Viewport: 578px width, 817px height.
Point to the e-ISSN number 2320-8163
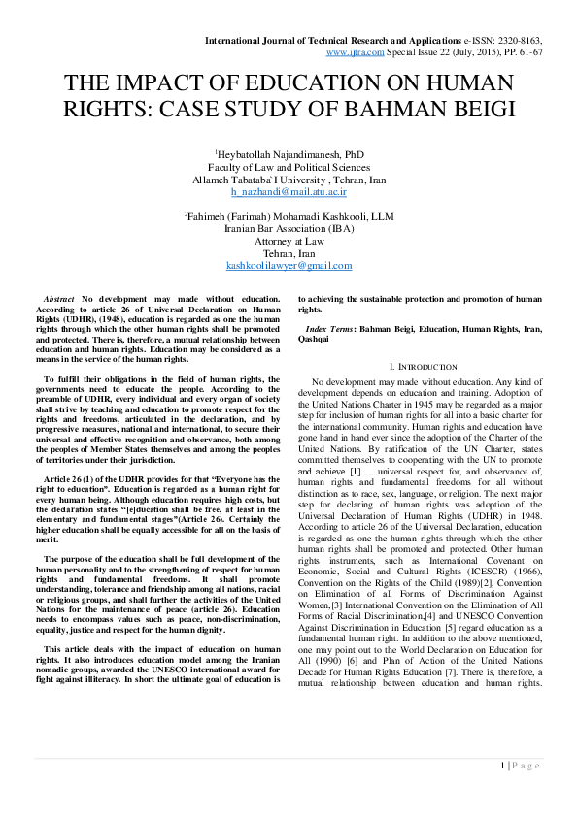pyautogui.click(x=514, y=40)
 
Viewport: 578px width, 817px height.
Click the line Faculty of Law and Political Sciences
pyautogui.click(x=289, y=168)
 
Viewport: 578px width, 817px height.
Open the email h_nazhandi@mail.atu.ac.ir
pyautogui.click(x=289, y=193)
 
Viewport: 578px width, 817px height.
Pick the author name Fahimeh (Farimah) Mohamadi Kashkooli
pyautogui.click(x=289, y=217)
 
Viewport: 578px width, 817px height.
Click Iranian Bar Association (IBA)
pyautogui.click(x=289, y=230)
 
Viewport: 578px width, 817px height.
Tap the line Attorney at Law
pyautogui.click(x=289, y=242)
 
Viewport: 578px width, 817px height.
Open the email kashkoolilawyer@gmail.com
pyautogui.click(x=289, y=266)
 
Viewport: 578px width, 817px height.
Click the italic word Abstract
pyautogui.click(x=60, y=299)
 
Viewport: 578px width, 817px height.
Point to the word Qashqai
pyautogui.click(x=313, y=340)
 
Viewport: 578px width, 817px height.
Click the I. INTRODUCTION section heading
pyautogui.click(x=422, y=367)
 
